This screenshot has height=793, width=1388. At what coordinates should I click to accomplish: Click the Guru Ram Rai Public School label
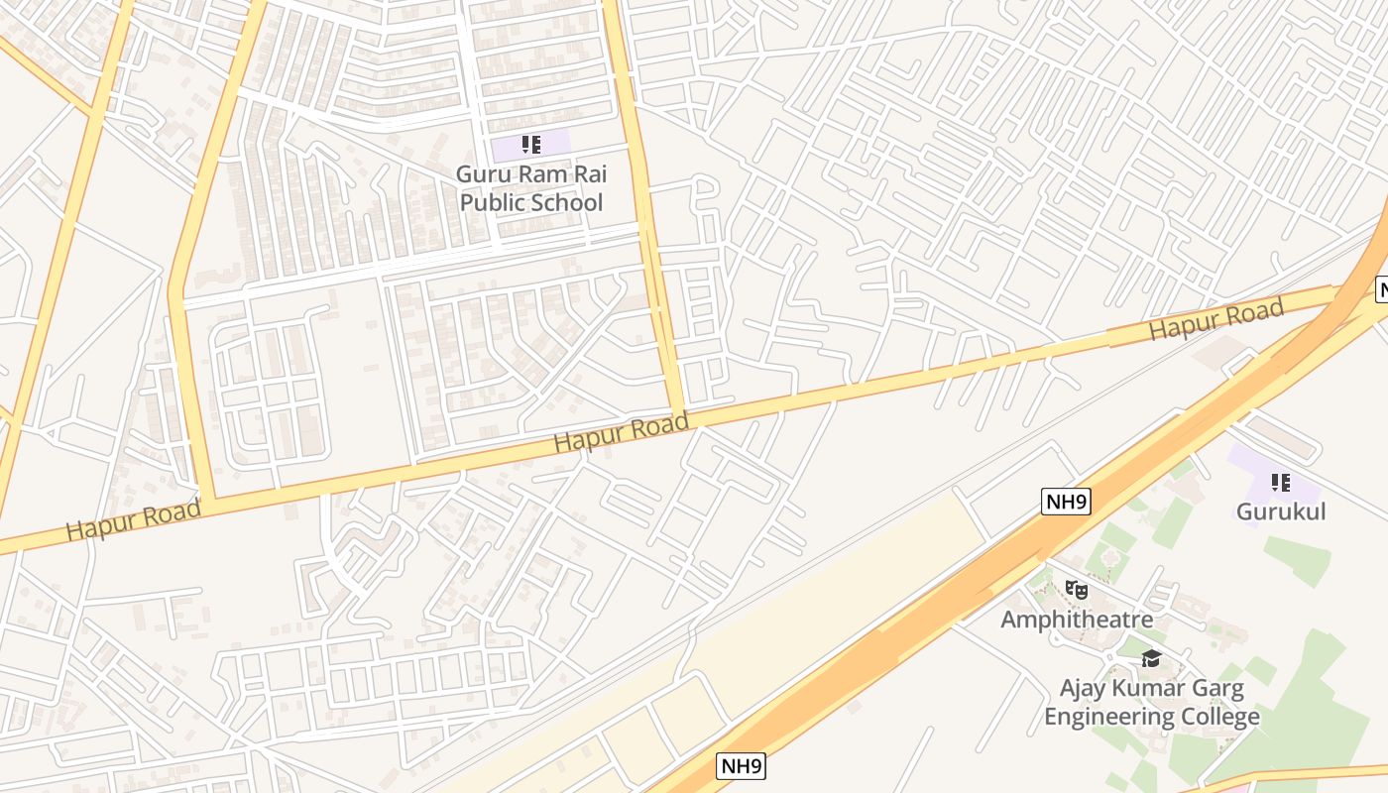tap(530, 188)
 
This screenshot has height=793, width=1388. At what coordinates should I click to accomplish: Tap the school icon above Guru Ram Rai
tap(531, 146)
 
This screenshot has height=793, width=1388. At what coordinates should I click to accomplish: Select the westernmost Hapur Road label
tap(133, 520)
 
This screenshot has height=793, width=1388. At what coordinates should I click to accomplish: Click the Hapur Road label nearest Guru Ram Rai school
tap(621, 433)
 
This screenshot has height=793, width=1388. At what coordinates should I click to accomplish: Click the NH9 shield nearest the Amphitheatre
tap(1066, 502)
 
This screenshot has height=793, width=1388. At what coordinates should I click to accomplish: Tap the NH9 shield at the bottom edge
tap(741, 765)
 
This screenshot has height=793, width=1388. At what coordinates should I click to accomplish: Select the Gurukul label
tap(1280, 512)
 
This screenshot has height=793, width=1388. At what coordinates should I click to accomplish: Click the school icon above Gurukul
tap(1280, 483)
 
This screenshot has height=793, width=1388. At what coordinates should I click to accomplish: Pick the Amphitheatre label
tap(1076, 620)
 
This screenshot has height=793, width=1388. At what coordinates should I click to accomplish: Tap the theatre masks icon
tap(1076, 590)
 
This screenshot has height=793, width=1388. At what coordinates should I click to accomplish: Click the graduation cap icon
tap(1151, 658)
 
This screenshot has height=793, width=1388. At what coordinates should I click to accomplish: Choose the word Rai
tap(588, 173)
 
